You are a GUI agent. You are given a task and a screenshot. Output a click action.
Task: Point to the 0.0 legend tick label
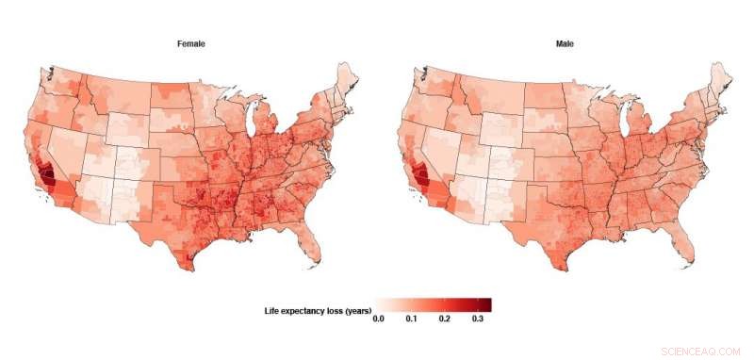(x=378, y=320)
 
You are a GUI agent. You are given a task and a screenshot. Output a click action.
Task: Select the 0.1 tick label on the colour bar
(x=411, y=320)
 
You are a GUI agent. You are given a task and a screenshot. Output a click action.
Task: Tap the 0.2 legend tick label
(x=445, y=320)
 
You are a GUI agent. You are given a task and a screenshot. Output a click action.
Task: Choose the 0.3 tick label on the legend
(x=479, y=320)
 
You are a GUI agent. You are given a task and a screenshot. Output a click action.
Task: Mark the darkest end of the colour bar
(x=486, y=304)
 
